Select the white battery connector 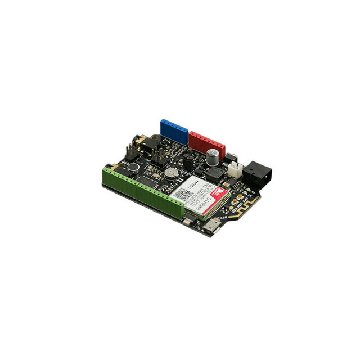tap(235, 168)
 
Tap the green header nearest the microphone tap(119, 181)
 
